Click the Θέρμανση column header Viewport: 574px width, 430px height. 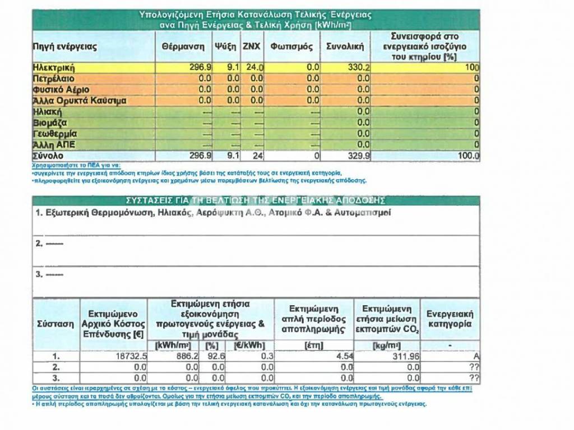tap(183, 47)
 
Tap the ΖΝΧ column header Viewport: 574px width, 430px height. tap(251, 47)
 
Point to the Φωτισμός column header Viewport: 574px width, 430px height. tap(291, 47)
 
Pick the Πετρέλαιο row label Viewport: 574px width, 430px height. tap(54, 79)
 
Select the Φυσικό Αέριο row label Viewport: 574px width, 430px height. tap(61, 90)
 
